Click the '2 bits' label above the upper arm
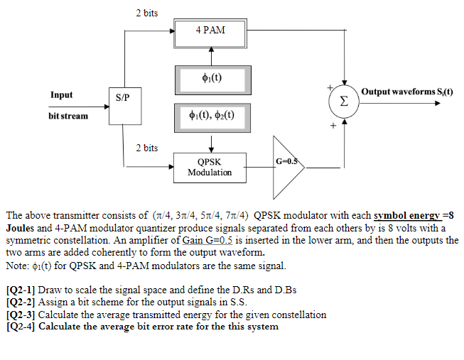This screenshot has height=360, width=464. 146,13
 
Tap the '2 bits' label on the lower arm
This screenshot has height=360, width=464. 146,148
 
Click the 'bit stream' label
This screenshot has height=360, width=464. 68,115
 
